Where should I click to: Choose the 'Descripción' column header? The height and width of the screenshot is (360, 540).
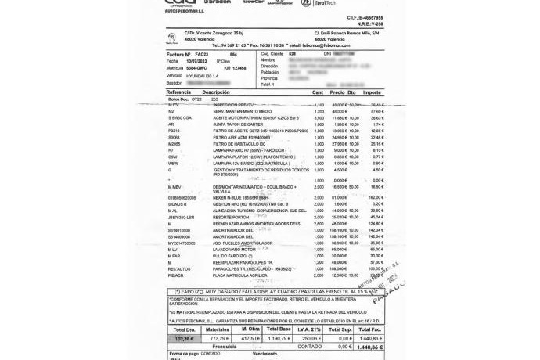point(217,92)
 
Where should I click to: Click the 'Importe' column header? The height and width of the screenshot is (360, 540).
point(373,92)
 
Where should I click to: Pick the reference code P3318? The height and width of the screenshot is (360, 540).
point(173,131)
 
